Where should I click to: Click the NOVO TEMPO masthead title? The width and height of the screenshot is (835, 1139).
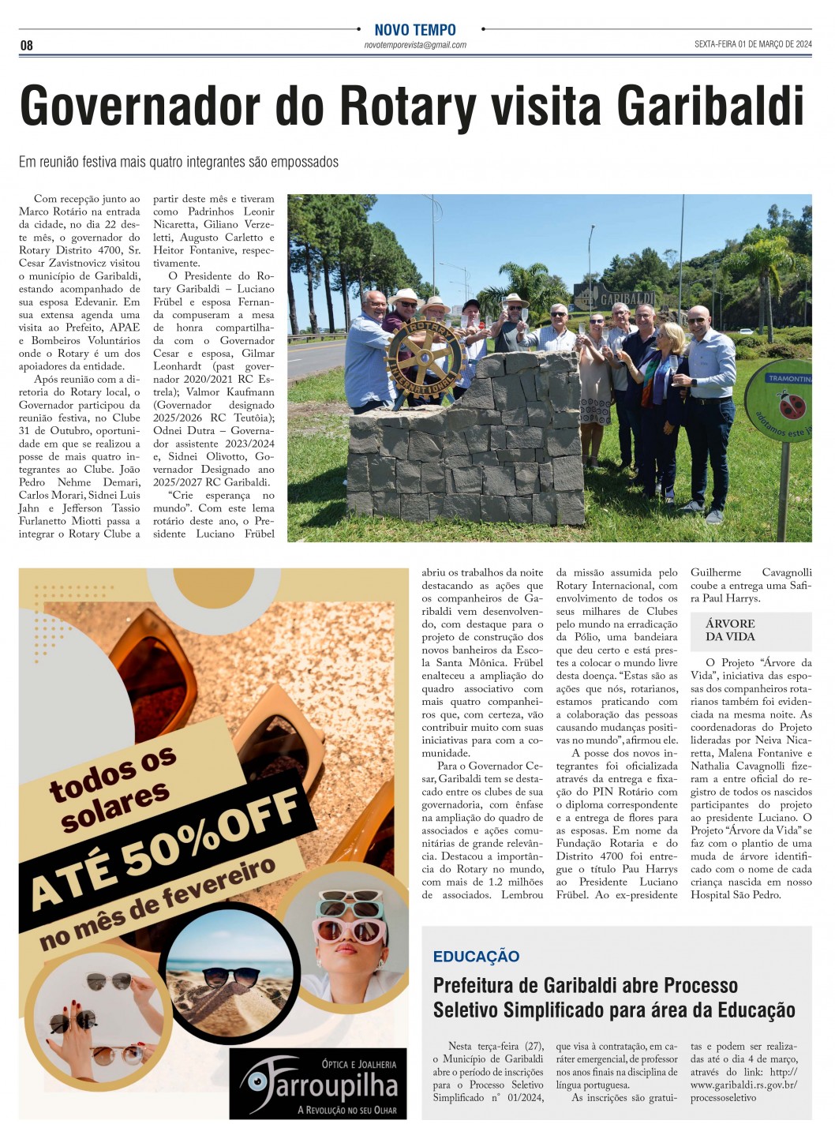click(x=415, y=30)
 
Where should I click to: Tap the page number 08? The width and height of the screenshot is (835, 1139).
click(x=27, y=46)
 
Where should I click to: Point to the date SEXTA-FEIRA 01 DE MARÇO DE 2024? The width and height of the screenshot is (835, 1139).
click(x=752, y=45)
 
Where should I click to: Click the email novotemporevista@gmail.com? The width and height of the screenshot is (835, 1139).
click(x=415, y=46)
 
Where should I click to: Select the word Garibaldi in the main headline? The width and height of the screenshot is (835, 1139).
click(x=710, y=106)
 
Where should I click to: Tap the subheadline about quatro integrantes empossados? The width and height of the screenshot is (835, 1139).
click(x=178, y=162)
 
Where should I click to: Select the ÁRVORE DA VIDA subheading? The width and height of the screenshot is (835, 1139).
click(x=730, y=630)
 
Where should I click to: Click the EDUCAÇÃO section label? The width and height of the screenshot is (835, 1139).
click(x=476, y=957)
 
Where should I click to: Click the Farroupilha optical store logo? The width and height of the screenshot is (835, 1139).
click(x=319, y=1084)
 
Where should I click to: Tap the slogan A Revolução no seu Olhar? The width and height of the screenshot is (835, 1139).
click(x=346, y=1110)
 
